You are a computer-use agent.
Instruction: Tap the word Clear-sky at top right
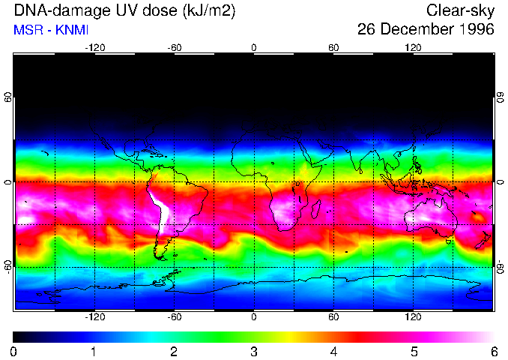(460, 11)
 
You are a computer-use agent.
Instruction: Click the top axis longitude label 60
(333, 48)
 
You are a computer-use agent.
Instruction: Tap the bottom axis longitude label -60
(174, 317)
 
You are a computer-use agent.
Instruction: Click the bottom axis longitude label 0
(254, 317)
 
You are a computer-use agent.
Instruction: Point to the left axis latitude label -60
(7, 267)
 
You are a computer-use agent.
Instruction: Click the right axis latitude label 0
(501, 182)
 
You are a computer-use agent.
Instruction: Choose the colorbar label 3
(254, 351)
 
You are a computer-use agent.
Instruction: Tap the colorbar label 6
(493, 351)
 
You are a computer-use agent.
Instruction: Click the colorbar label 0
(14, 351)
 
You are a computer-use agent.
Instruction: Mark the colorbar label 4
(333, 351)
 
